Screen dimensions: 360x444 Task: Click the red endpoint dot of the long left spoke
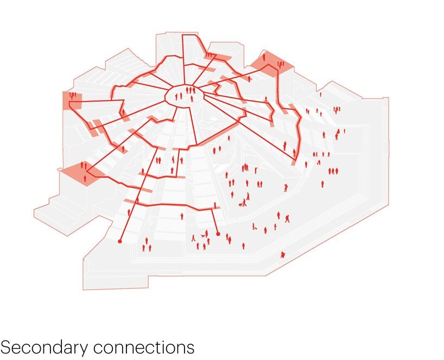click(x=120, y=241)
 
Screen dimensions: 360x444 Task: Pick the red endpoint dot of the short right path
click(x=218, y=234)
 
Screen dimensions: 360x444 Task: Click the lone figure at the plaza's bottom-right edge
click(x=282, y=254)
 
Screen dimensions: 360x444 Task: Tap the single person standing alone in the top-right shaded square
click(x=264, y=56)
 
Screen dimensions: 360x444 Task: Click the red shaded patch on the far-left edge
click(x=72, y=100)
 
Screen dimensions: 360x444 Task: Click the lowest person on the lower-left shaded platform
click(x=86, y=178)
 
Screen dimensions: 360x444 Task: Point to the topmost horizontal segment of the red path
click(x=191, y=35)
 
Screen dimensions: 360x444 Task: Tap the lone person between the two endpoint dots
click(x=182, y=216)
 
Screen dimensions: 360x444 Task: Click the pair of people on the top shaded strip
click(x=208, y=54)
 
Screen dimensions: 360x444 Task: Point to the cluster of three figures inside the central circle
click(x=191, y=90)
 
